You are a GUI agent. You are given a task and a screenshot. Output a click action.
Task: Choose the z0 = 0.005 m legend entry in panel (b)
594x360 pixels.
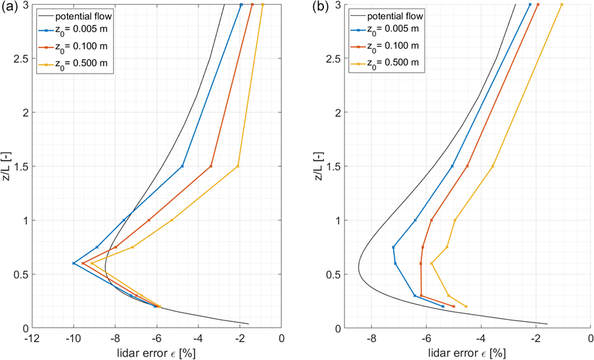tap(394, 31)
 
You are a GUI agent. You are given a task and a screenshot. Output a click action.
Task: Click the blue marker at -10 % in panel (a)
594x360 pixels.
tap(74, 263)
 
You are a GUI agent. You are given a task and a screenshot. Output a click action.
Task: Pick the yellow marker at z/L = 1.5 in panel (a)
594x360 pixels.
tap(238, 166)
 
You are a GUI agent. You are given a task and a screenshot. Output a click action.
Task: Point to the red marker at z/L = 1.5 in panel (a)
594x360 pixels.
tap(211, 166)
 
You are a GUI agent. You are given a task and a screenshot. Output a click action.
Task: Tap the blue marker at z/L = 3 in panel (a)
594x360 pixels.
tap(241, 5)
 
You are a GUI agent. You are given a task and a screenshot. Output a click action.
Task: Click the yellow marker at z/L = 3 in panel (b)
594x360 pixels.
tap(562, 5)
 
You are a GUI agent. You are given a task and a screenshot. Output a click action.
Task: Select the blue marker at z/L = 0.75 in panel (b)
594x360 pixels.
tap(393, 247)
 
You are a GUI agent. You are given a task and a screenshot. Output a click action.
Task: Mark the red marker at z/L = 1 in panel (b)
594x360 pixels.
tap(431, 220)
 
